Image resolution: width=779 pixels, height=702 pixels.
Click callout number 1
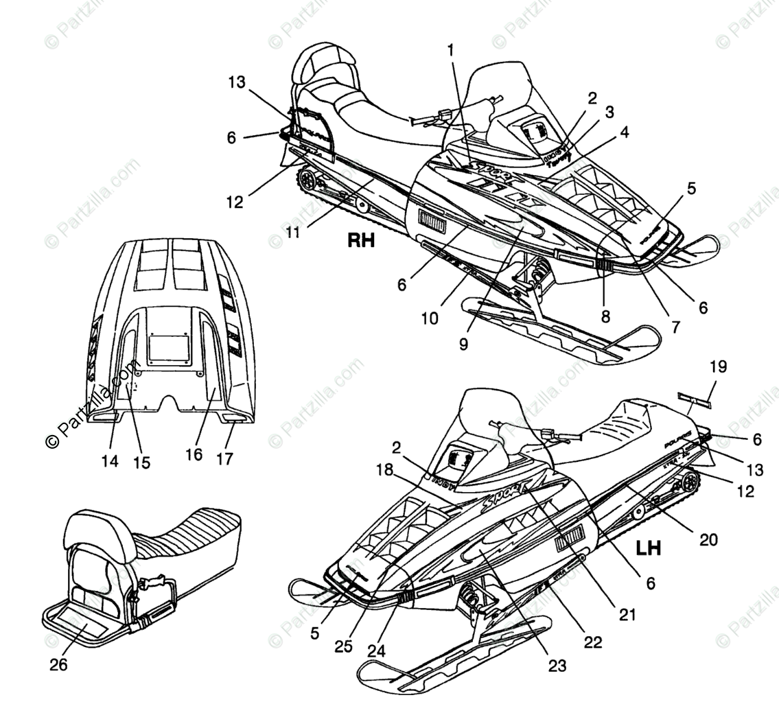coord(450,50)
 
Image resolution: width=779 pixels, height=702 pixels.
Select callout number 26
coord(59,665)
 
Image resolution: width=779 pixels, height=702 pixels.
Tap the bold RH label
coord(361,240)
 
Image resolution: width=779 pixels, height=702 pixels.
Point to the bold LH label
coord(648,547)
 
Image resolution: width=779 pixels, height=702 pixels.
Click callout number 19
coord(718,366)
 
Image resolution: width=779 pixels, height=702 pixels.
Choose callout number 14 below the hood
coord(110,461)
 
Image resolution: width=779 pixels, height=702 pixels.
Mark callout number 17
coord(226,458)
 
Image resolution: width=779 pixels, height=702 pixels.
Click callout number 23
coord(557,665)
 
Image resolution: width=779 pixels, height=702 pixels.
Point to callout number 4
coord(623,132)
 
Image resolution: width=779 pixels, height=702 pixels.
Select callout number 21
coord(627,614)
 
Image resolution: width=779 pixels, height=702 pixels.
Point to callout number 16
coord(194,454)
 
